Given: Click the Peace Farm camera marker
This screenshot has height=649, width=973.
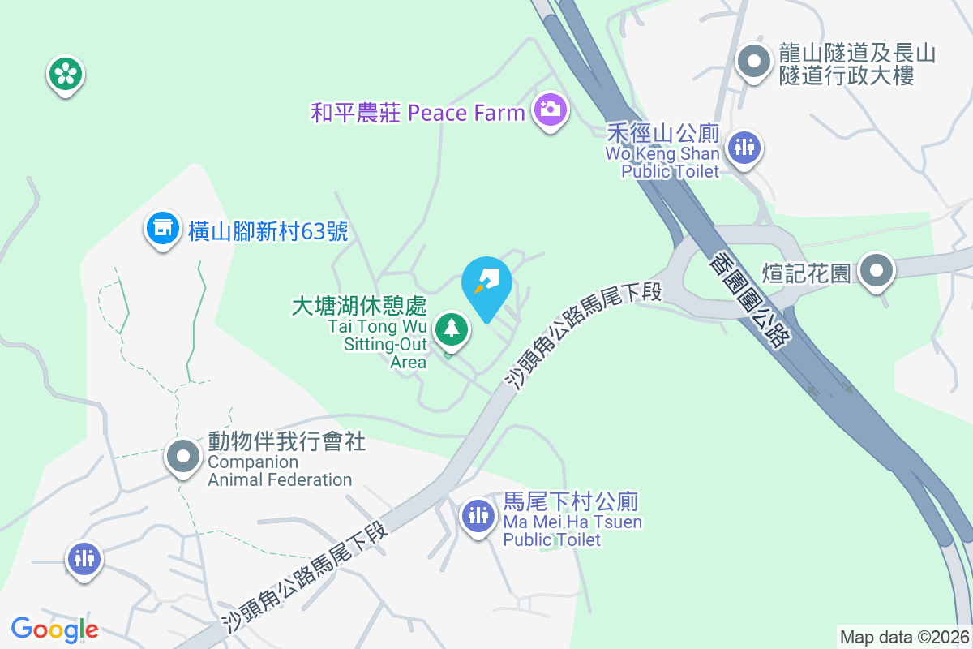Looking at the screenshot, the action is (x=550, y=109).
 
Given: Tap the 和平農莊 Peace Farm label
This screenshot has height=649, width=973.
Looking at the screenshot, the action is (x=418, y=112).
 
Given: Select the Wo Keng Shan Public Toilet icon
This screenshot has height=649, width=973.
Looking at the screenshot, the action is (x=743, y=148).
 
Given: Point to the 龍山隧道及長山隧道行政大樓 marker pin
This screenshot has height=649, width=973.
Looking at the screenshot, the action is (x=755, y=61).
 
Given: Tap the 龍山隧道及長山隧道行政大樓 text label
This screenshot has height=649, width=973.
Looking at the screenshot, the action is (x=857, y=65).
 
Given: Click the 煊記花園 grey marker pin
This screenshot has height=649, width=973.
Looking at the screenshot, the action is (x=877, y=271).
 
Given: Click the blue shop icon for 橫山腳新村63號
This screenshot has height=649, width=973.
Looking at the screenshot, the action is (x=162, y=228).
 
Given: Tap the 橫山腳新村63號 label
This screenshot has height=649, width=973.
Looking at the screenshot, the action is (x=268, y=231).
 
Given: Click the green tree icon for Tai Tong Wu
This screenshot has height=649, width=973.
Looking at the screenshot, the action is (x=451, y=329).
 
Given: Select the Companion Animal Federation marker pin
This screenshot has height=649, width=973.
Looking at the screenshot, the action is (x=183, y=456).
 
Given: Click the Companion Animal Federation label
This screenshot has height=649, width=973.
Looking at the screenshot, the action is (x=280, y=461).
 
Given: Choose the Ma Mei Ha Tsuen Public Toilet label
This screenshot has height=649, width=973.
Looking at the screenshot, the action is (x=572, y=520).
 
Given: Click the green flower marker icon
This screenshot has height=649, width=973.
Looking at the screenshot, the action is (x=65, y=75).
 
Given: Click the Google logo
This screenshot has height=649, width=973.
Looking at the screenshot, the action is (x=54, y=629).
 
